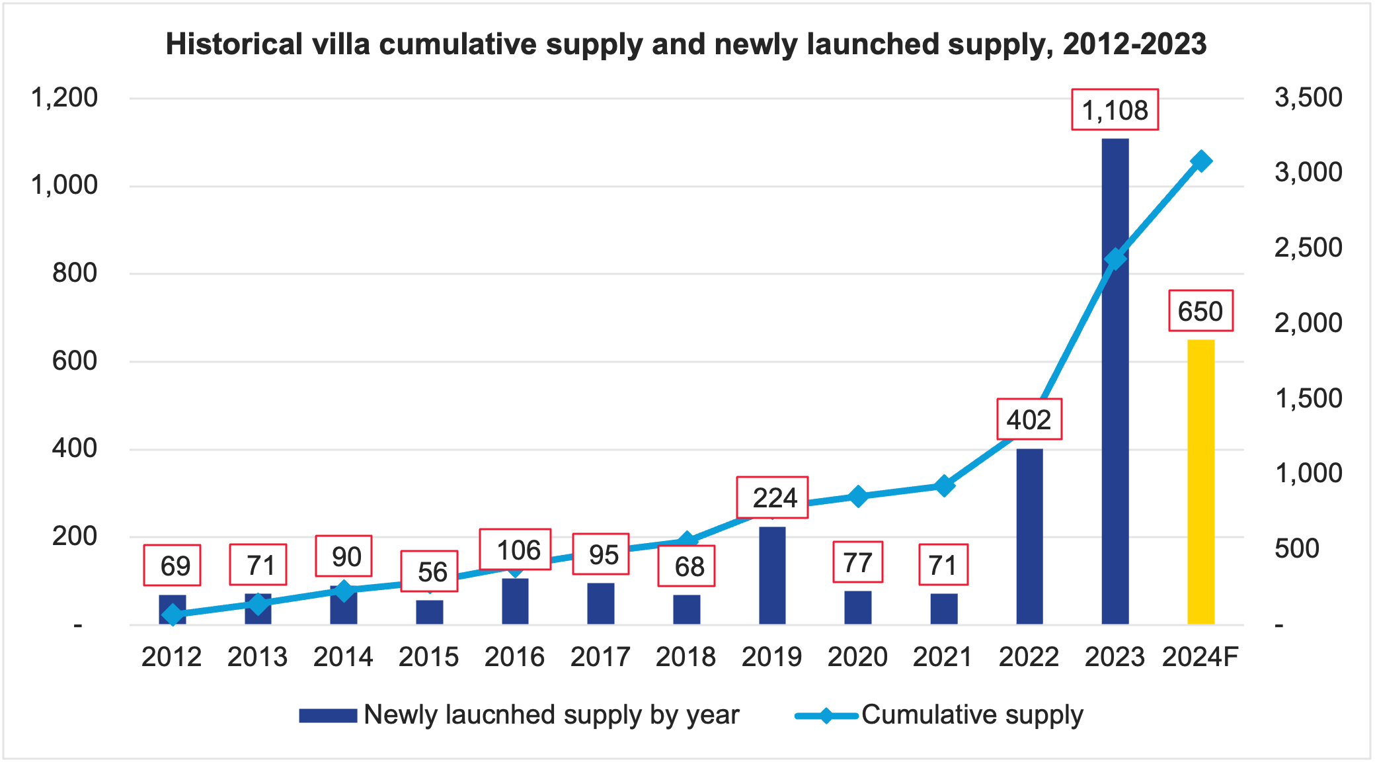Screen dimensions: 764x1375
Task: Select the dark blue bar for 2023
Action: click(1115, 397)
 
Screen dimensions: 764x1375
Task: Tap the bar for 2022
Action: click(1029, 536)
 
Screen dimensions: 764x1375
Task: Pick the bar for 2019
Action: click(772, 575)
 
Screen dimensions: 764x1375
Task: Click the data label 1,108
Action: click(1115, 110)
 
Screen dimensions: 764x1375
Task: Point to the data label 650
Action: click(1200, 311)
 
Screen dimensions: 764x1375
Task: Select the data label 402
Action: click(1029, 419)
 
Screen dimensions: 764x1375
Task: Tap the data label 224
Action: click(773, 497)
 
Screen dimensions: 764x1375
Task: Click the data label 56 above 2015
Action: click(430, 572)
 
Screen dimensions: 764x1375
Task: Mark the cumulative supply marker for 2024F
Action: click(1201, 161)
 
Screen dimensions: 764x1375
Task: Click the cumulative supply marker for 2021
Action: click(944, 486)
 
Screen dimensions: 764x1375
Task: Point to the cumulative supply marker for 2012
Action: click(173, 615)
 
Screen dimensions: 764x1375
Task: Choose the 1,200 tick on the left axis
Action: click(64, 98)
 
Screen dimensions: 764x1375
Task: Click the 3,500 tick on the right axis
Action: click(1308, 98)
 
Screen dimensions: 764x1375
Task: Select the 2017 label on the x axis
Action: click(600, 657)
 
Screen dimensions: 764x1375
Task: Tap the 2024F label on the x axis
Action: click(1200, 657)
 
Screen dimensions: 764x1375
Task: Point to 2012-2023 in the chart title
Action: click(1134, 44)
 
